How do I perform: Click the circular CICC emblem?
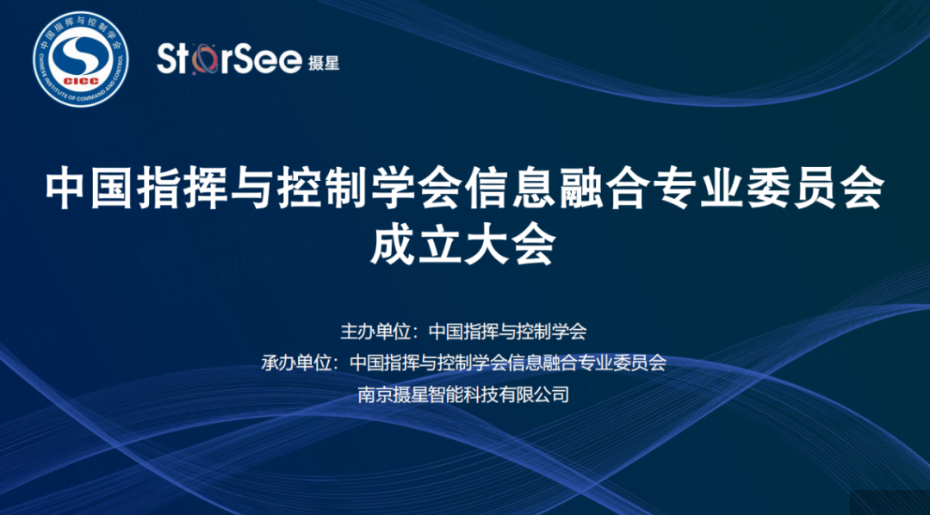pyautogui.click(x=81, y=59)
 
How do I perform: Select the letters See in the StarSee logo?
pyautogui.click(x=268, y=60)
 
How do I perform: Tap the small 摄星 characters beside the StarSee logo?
pyautogui.click(x=323, y=62)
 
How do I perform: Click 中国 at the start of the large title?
pyautogui.click(x=88, y=190)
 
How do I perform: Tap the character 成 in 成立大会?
pyautogui.click(x=392, y=245)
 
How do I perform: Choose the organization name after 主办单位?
pyautogui.click(x=507, y=331)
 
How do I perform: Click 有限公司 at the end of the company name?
pyautogui.click(x=535, y=394)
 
